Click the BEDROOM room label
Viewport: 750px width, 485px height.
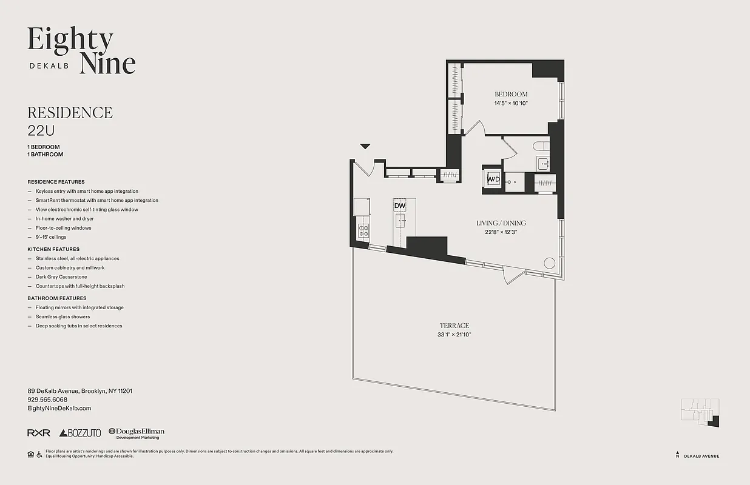(x=511, y=94)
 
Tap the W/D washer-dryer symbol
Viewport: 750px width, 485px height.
(x=493, y=179)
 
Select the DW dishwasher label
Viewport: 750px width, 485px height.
(x=399, y=206)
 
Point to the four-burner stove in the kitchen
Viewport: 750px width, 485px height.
(x=364, y=230)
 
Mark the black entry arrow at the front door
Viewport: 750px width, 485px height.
(x=365, y=146)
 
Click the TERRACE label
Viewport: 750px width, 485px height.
(x=454, y=326)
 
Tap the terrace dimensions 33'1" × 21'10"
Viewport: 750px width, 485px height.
(x=454, y=335)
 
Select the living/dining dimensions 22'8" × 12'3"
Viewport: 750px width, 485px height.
(x=501, y=232)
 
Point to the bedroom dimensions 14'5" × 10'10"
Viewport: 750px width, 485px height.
(x=511, y=104)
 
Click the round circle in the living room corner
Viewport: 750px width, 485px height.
(x=549, y=263)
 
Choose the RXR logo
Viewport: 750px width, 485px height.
(x=39, y=433)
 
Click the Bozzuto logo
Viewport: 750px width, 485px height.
(x=80, y=433)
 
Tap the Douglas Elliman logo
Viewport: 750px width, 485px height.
(x=137, y=433)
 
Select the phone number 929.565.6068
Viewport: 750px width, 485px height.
(x=47, y=400)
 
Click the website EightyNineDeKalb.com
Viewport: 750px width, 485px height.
(x=59, y=409)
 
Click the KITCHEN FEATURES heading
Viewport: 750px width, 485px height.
(x=53, y=249)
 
